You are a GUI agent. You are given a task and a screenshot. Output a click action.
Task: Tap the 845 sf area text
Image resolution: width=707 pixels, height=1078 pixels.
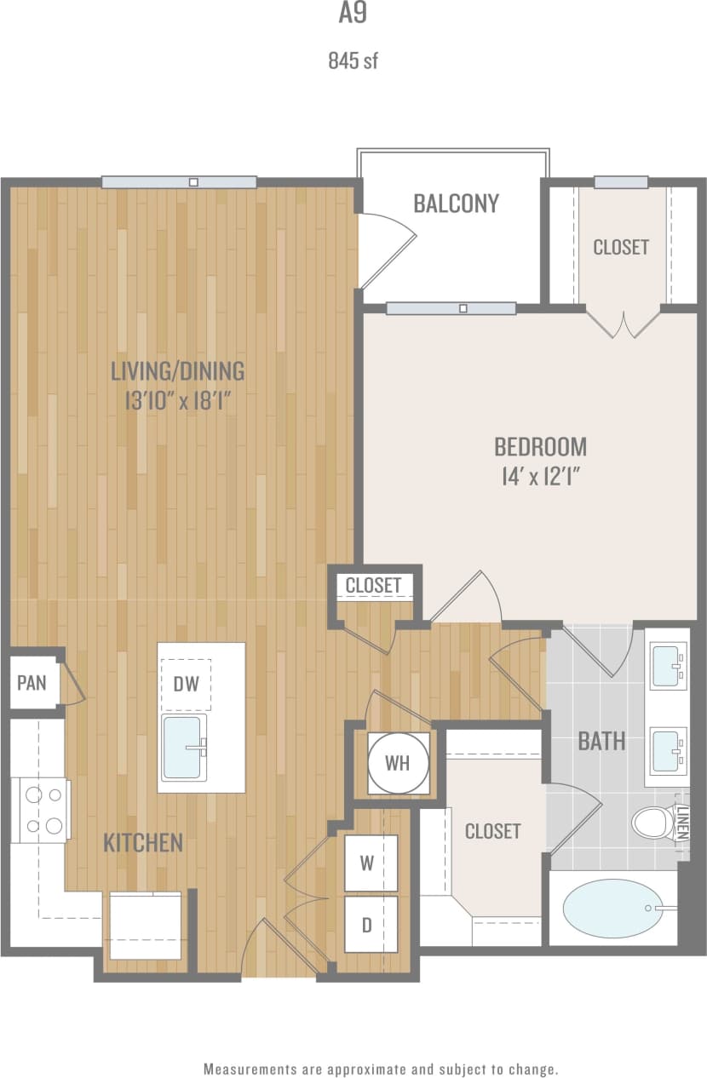(353, 61)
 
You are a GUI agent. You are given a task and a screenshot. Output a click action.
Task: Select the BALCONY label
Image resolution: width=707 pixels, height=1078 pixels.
(456, 204)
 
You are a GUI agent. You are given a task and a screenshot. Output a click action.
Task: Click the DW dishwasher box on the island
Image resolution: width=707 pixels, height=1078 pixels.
(186, 683)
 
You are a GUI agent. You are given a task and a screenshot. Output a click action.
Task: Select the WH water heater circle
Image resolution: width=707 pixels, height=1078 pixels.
(397, 763)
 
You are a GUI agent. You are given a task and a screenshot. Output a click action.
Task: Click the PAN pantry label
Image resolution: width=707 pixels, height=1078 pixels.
(32, 682)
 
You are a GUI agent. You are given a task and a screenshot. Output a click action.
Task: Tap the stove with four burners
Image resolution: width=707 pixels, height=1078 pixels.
(43, 810)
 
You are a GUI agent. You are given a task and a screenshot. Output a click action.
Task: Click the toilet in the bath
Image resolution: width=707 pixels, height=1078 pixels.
(653, 823)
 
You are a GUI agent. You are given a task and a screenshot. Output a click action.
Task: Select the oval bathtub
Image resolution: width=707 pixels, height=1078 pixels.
(612, 909)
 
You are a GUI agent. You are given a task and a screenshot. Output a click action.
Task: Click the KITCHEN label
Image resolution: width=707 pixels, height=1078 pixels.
(143, 843)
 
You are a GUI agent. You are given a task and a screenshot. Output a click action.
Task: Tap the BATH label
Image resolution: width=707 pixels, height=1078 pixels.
(601, 741)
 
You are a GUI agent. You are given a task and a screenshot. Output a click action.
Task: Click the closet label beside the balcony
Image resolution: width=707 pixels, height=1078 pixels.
(621, 247)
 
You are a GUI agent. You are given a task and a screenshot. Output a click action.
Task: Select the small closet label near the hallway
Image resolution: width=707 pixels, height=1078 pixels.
(373, 586)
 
